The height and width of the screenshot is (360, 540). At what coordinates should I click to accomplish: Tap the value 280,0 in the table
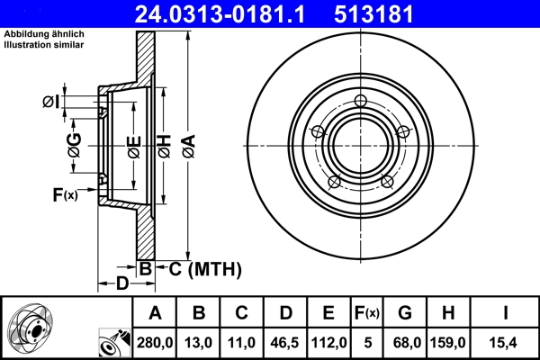tap(155, 342)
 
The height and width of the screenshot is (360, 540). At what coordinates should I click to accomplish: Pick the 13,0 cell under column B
tap(199, 342)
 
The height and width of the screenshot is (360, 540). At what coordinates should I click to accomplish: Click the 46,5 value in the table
tap(285, 342)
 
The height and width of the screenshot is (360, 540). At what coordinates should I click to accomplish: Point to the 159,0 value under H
tap(447, 342)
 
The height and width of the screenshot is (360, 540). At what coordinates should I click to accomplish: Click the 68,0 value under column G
tap(405, 342)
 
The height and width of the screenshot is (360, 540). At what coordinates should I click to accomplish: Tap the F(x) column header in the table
tap(368, 312)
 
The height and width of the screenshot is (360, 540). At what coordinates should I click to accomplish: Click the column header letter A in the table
tap(155, 312)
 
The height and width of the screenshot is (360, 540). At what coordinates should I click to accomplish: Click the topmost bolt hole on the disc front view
tap(361, 101)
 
